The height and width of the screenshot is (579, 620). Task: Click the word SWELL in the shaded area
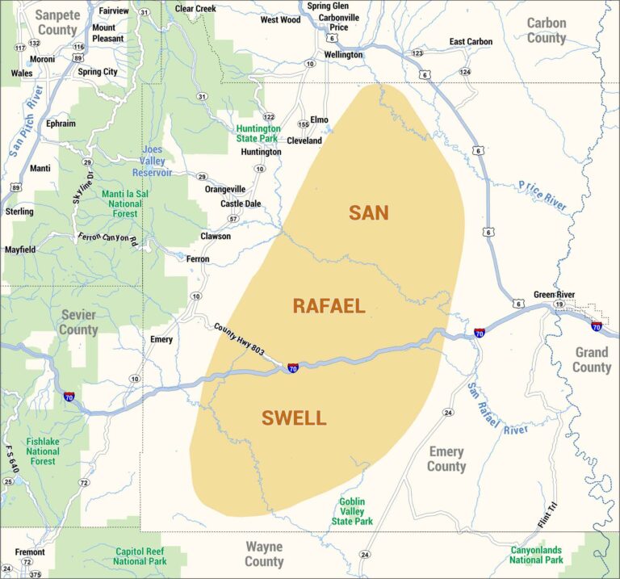pos(294,418)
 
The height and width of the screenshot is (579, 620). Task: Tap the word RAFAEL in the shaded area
pos(329,306)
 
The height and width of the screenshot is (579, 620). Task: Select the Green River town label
pos(554,295)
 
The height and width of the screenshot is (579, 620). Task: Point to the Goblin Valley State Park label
pos(352,511)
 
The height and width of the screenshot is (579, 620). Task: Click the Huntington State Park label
pos(258,133)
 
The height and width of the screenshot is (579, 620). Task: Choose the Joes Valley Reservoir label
pos(152,162)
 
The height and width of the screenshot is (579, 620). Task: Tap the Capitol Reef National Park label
pos(140,556)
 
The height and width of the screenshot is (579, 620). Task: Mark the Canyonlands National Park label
pos(536,555)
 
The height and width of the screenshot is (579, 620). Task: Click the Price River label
pos(542,195)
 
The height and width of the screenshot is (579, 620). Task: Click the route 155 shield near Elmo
pos(304,124)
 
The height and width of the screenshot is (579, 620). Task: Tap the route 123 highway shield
pos(417,53)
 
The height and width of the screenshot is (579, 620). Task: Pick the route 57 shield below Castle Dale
pos(233,219)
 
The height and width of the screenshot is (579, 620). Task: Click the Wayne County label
pos(264,555)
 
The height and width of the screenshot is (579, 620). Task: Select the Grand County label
pos(592,360)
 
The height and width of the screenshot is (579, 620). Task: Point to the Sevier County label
pos(77,322)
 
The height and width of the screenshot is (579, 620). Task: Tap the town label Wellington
pos(343,55)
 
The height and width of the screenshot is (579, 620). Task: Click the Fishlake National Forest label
pos(43,451)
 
